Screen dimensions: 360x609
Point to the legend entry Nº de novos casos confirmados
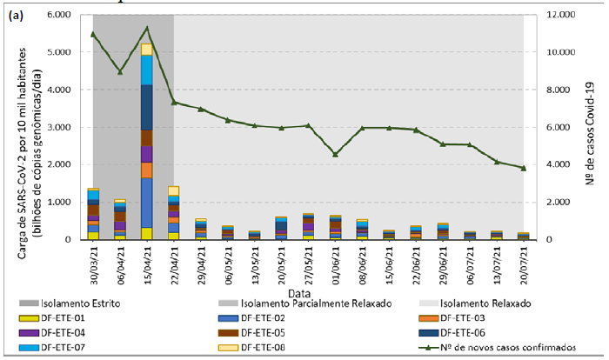(x=508, y=348)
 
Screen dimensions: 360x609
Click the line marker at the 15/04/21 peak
(x=146, y=29)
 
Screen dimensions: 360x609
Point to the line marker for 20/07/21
(x=523, y=168)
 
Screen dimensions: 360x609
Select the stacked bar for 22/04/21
(x=173, y=214)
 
